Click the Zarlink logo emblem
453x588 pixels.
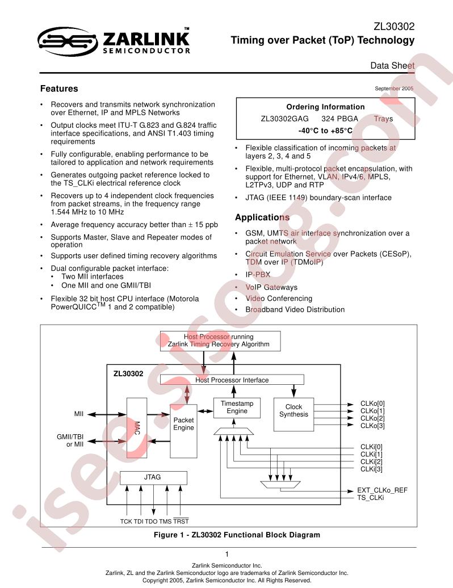pyautogui.click(x=68, y=41)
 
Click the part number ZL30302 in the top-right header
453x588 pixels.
pyautogui.click(x=394, y=27)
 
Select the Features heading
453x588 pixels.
pyautogui.click(x=59, y=89)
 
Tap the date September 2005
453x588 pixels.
pyautogui.click(x=394, y=89)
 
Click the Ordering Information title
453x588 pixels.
pyautogui.click(x=325, y=107)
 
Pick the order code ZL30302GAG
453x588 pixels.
pyautogui.click(x=284, y=119)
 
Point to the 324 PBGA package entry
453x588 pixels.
pyautogui.click(x=339, y=119)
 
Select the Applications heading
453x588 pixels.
pyautogui.click(x=262, y=217)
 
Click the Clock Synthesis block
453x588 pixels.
pyautogui.click(x=293, y=414)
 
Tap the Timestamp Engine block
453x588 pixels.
pyautogui.click(x=237, y=408)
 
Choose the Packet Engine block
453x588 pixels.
pyautogui.click(x=183, y=431)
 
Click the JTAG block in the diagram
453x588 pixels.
pyautogui.click(x=153, y=477)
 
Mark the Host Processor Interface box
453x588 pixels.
pyautogui.click(x=232, y=380)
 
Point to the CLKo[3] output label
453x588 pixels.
pyautogui.click(x=372, y=426)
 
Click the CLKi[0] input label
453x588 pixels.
pyautogui.click(x=371, y=447)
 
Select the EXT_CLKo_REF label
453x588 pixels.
pyautogui.click(x=382, y=490)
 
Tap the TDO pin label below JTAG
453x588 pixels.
pyautogui.click(x=151, y=521)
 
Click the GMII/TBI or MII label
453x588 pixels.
pyautogui.click(x=70, y=440)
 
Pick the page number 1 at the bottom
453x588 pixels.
pyautogui.click(x=227, y=554)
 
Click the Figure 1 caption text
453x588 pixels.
pyautogui.click(x=237, y=535)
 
